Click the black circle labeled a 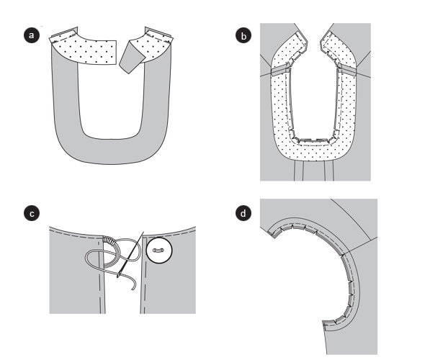click(x=32, y=35)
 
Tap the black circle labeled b click(x=243, y=35)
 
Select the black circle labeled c click(x=32, y=213)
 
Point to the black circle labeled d click(x=243, y=213)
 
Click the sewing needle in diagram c click(x=130, y=254)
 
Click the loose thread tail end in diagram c click(x=133, y=289)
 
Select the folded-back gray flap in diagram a click(x=131, y=56)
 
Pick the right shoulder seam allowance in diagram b click(x=347, y=68)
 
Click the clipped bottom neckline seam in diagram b click(x=313, y=140)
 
